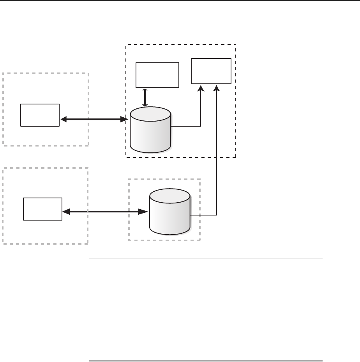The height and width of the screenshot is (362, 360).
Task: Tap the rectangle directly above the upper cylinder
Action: tap(157, 75)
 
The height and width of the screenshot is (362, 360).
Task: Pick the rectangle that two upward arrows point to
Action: tap(211, 71)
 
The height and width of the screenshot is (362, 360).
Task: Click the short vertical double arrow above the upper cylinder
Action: tap(145, 97)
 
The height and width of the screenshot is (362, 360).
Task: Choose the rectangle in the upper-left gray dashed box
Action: tap(40, 115)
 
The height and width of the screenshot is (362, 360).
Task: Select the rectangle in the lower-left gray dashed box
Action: tap(42, 209)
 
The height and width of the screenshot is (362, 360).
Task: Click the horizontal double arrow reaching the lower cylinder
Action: tap(105, 212)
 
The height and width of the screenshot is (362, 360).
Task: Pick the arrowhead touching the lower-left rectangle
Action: tap(66, 212)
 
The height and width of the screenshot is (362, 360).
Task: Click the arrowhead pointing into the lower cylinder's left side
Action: tap(145, 212)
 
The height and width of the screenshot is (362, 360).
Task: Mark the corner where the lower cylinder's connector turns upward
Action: tap(217, 215)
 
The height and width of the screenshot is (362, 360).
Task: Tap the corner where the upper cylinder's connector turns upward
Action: tap(201, 126)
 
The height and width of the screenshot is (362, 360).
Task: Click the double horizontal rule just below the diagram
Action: tap(206, 259)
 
